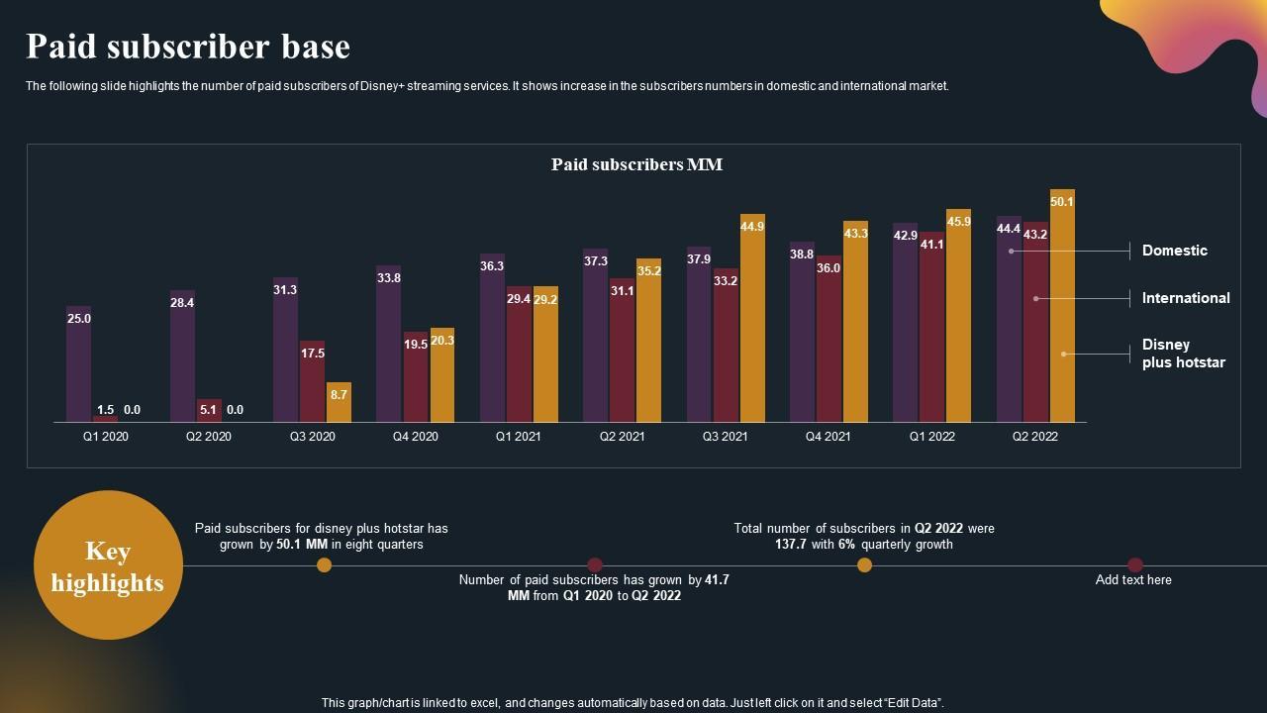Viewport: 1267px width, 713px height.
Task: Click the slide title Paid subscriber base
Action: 188,47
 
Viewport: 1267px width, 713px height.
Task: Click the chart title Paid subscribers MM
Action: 636,164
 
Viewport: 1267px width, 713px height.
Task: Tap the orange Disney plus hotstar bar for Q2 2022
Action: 1062,306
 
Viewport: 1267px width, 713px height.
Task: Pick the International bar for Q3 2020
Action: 313,382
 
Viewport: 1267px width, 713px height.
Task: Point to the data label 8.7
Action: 339,395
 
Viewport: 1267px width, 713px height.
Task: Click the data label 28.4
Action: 182,303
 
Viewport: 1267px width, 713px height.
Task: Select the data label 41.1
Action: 931,245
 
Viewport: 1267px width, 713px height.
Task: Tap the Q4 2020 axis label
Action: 416,437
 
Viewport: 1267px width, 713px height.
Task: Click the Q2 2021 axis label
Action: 622,437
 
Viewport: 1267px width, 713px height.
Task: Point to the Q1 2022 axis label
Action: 930,437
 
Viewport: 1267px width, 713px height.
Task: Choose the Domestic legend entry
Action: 1174,251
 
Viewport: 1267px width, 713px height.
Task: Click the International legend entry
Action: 1185,298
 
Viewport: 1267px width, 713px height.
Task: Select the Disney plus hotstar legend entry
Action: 1183,354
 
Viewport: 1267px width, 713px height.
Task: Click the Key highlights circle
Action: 108,565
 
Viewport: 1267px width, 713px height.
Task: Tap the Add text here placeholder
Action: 1133,580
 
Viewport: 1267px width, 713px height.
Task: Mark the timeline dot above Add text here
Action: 1135,565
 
